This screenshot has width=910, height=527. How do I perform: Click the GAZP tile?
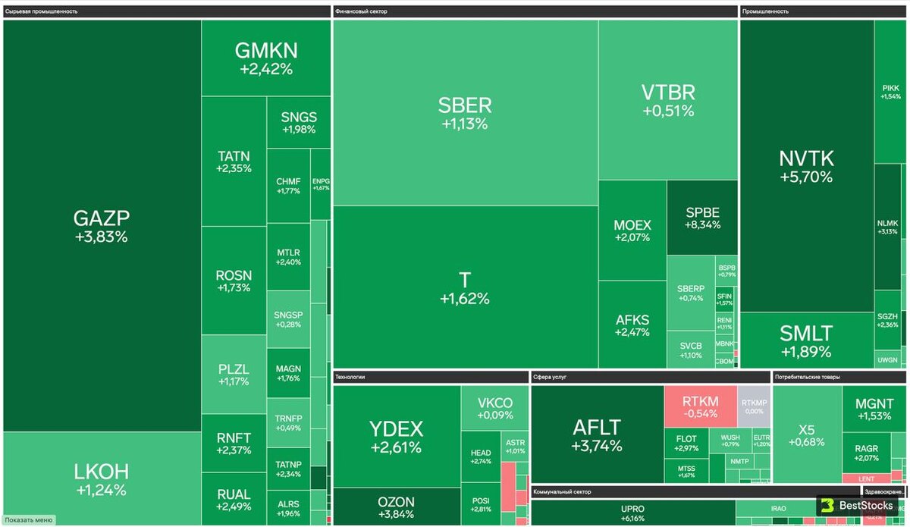102,226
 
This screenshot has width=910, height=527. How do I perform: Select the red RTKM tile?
700,406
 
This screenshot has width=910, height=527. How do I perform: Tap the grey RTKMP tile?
755,406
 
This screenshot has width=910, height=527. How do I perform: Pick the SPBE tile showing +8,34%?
702,218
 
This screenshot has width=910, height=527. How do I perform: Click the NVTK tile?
806,166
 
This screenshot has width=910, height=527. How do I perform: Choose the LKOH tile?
102,478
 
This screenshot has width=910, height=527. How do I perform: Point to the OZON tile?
396,507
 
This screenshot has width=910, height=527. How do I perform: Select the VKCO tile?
494,408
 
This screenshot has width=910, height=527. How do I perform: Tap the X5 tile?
806,434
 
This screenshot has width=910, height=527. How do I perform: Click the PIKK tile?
891,92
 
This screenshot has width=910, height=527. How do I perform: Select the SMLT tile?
806,340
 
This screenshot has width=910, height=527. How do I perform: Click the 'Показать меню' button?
29,520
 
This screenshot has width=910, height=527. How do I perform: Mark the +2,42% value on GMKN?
266,69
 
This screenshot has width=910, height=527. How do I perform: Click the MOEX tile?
632,231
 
